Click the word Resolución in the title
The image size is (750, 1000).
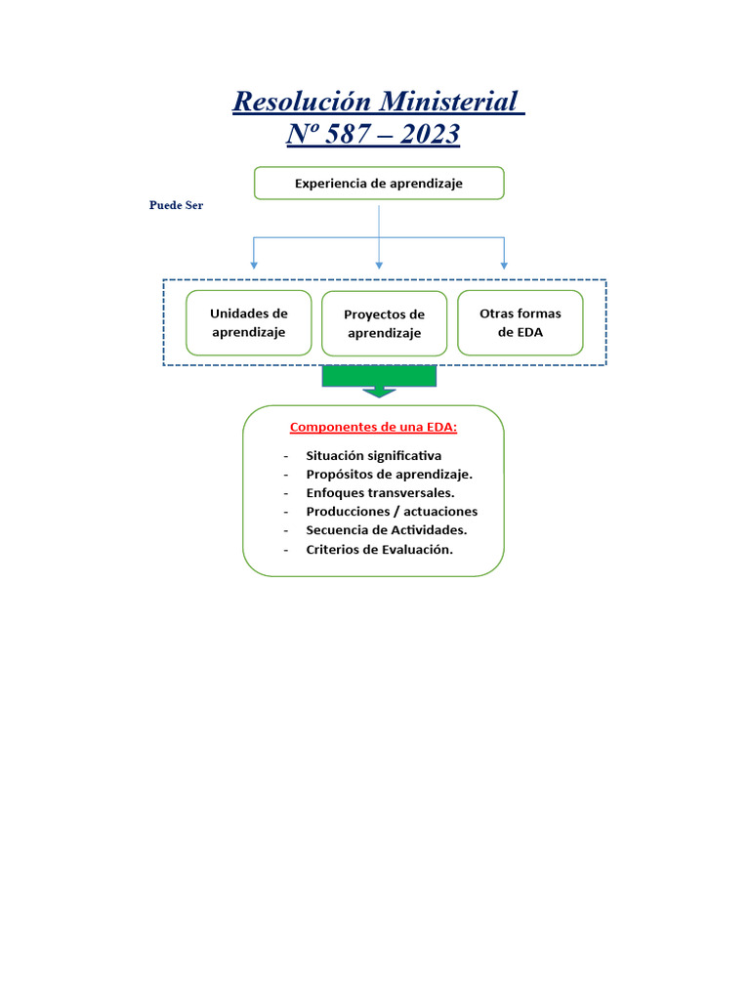click(303, 101)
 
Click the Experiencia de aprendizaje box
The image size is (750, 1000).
click(379, 183)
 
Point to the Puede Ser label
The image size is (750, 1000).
click(176, 206)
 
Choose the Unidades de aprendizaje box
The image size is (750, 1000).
click(249, 322)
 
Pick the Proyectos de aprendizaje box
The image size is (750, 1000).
click(384, 323)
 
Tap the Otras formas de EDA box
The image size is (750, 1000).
click(521, 322)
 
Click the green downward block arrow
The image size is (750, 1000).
click(379, 381)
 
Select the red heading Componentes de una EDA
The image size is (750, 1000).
click(373, 428)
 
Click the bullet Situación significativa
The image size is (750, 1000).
click(373, 455)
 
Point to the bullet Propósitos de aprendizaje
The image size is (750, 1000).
click(389, 474)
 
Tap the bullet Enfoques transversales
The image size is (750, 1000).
click(380, 492)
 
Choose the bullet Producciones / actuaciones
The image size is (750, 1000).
click(392, 511)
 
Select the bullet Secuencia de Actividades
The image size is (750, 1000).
click(386, 529)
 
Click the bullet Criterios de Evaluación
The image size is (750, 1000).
click(379, 549)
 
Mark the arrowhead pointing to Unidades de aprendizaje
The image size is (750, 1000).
click(254, 265)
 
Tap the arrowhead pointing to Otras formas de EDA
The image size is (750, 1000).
click(504, 265)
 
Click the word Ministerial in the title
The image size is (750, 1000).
click(447, 101)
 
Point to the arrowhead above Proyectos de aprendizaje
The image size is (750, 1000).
click(379, 265)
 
